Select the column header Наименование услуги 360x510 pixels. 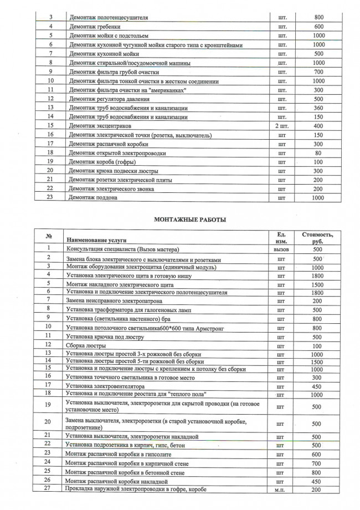[96, 240]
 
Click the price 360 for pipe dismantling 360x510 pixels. [318, 108]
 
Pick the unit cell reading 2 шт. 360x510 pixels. [282, 126]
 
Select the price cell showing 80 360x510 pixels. [318, 152]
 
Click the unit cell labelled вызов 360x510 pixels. [282, 250]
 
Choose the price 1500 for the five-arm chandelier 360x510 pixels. [317, 361]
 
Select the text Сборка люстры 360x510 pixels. [86, 345]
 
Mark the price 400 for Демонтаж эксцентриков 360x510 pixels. [318, 126]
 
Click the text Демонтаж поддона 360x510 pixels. [92, 198]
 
